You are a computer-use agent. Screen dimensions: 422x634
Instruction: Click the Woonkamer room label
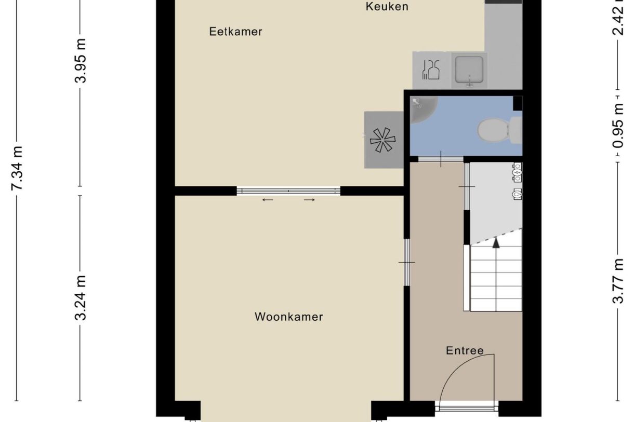coord(288,317)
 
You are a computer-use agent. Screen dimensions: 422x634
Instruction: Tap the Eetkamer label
coord(235,32)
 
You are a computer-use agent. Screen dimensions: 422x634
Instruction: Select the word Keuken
coord(387,7)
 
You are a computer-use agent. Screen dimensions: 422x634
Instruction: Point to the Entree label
coord(465,351)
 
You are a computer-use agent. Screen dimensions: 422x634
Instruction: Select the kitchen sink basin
coord(469,70)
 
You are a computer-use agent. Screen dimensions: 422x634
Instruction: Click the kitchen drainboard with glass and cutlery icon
coord(431,70)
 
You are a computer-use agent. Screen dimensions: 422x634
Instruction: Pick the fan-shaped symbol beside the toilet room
coord(382,140)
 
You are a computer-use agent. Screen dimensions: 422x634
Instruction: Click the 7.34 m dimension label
coord(17,168)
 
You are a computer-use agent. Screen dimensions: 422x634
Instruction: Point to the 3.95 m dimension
coord(80,60)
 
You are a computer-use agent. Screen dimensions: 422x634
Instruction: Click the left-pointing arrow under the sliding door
coord(268,200)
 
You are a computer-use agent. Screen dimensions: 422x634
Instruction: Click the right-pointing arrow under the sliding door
coord(309,200)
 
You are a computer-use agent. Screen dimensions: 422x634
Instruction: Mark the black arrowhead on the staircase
coord(496,241)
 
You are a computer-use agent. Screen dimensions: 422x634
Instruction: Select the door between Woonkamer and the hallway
coord(407,262)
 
